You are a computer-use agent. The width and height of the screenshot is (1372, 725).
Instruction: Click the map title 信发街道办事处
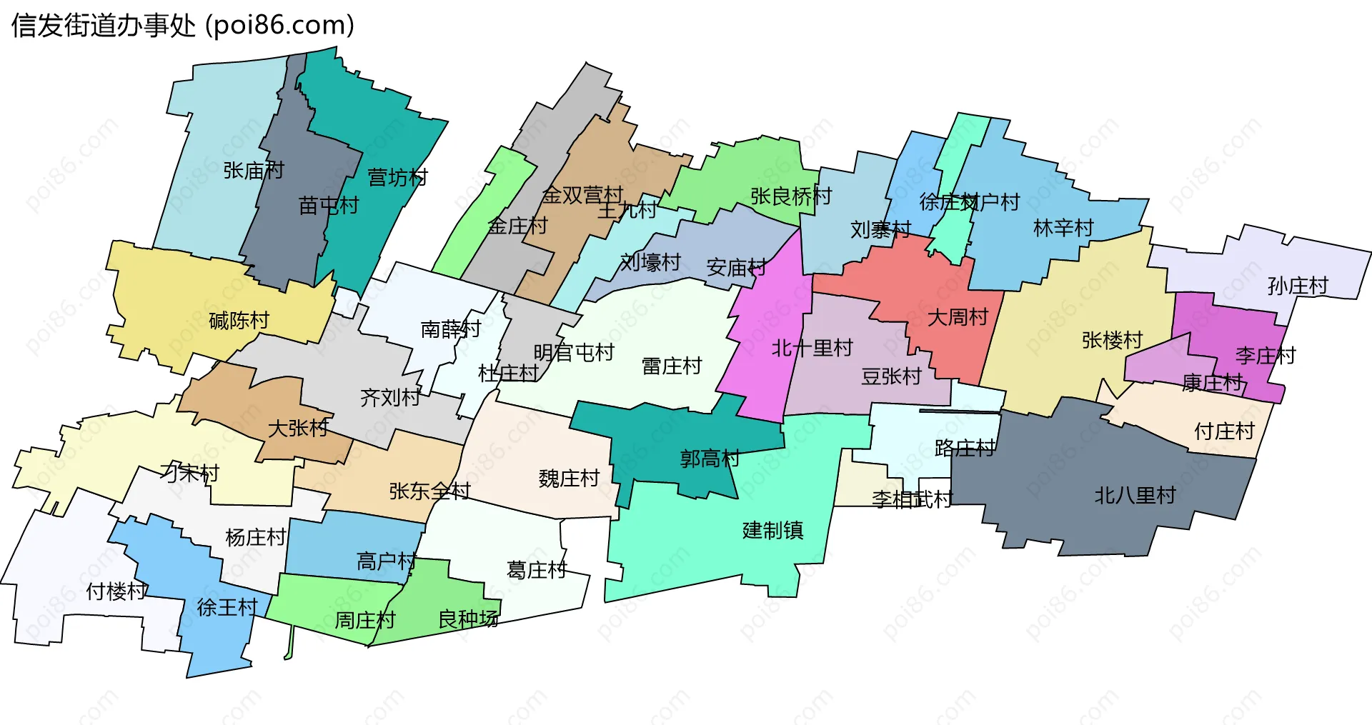pos(104,26)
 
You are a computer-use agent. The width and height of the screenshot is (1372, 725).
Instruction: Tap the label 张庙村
pos(254,170)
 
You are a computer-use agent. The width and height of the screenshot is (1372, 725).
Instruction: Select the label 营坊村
pos(397,177)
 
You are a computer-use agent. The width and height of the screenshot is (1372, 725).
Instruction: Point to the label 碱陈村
pos(239,321)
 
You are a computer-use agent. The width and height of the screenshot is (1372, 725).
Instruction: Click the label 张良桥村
pos(791,196)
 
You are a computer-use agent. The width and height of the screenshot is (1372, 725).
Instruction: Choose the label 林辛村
pos(1063,228)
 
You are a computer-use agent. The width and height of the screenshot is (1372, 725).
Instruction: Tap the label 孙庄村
pos(1298,286)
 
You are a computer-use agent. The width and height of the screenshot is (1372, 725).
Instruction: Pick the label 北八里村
pos(1135,495)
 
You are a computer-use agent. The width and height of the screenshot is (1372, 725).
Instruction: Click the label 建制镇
pos(773,530)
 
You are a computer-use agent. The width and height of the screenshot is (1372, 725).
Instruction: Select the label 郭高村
pos(710,459)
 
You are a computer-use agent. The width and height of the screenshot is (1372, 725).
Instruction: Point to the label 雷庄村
pos(672,366)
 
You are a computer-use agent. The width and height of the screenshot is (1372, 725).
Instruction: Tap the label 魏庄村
pos(569,478)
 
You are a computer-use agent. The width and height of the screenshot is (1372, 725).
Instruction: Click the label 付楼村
pos(116,591)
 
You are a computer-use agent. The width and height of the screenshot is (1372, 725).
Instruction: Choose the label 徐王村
pos(227,607)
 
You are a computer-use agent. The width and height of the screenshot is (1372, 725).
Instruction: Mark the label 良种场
pos(468,619)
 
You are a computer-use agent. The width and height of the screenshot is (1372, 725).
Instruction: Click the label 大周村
pos(958,316)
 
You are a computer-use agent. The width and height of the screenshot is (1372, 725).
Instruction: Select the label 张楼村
pos(1112,340)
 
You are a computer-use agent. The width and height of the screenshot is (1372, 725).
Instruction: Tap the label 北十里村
pos(812,348)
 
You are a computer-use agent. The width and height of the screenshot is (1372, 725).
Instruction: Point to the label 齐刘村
pos(389,397)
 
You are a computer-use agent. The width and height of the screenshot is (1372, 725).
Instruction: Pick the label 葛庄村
pos(537,569)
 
